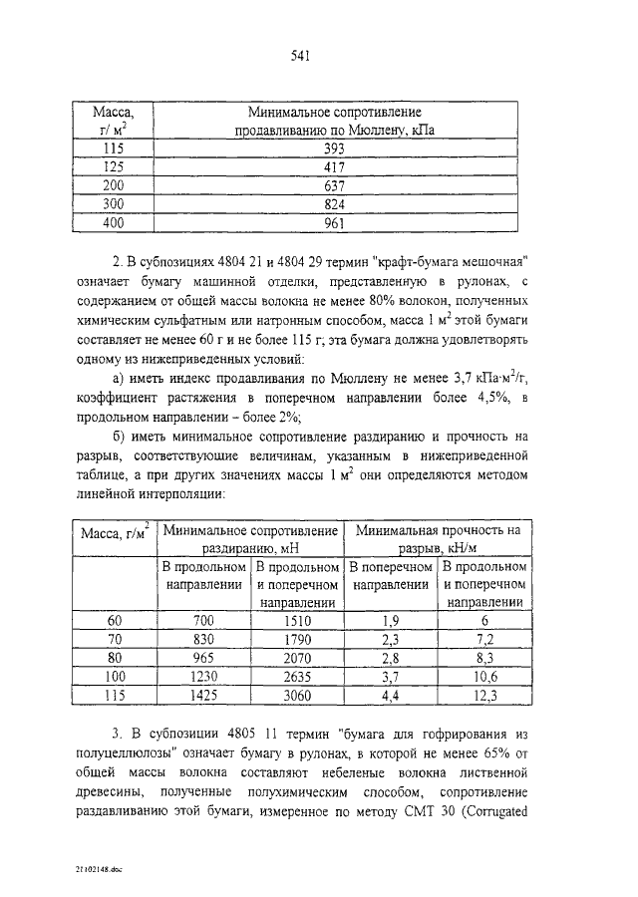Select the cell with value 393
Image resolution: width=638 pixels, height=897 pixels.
point(334,148)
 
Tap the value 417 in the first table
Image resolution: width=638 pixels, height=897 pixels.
point(334,166)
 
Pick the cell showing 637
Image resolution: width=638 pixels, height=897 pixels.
point(334,185)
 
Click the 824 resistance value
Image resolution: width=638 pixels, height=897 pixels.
point(334,204)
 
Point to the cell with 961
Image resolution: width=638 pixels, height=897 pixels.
point(334,223)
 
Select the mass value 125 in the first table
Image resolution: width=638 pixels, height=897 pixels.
point(114,166)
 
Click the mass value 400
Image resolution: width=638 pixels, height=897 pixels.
point(114,223)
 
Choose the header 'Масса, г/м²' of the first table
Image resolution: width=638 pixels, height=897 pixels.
point(114,120)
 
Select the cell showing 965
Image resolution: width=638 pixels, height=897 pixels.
point(203,659)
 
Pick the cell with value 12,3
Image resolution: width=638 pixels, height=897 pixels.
point(484,697)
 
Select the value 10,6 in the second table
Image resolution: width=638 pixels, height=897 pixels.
point(484,678)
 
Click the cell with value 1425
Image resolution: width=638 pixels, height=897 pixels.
point(203,697)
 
